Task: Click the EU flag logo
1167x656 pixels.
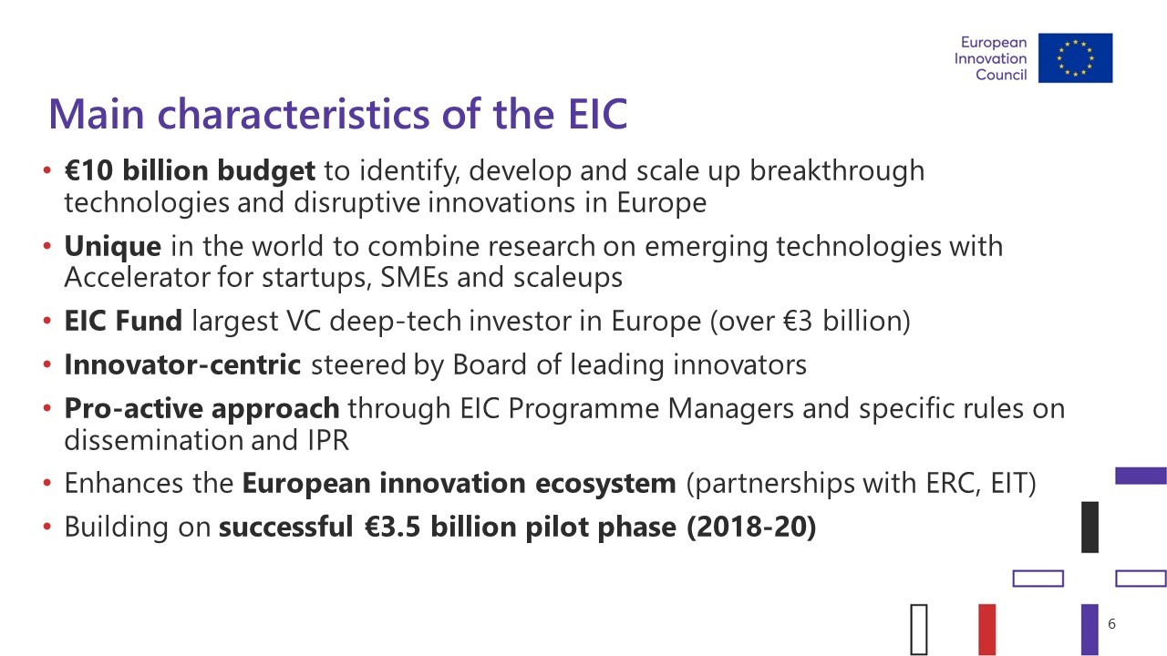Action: point(1075,57)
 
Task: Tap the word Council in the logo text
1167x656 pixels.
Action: point(1001,75)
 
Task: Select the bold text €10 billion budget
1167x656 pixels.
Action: point(190,170)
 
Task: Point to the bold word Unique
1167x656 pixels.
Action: point(112,246)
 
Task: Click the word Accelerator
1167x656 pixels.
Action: point(137,278)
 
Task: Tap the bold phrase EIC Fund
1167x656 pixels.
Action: point(123,321)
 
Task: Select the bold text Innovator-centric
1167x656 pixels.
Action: point(183,364)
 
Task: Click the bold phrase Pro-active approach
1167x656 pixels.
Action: point(202,409)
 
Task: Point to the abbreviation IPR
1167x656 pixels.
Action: point(328,440)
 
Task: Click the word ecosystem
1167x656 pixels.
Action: point(605,484)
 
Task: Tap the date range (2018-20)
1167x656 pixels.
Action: point(751,527)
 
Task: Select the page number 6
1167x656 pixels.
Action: point(1111,624)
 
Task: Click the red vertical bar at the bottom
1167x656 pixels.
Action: point(987,629)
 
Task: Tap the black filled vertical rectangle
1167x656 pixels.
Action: point(1090,527)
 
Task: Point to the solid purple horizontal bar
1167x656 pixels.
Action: point(1141,476)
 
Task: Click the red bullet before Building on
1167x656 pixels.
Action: point(46,527)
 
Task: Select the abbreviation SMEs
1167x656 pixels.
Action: point(414,278)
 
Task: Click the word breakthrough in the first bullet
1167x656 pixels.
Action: point(837,170)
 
